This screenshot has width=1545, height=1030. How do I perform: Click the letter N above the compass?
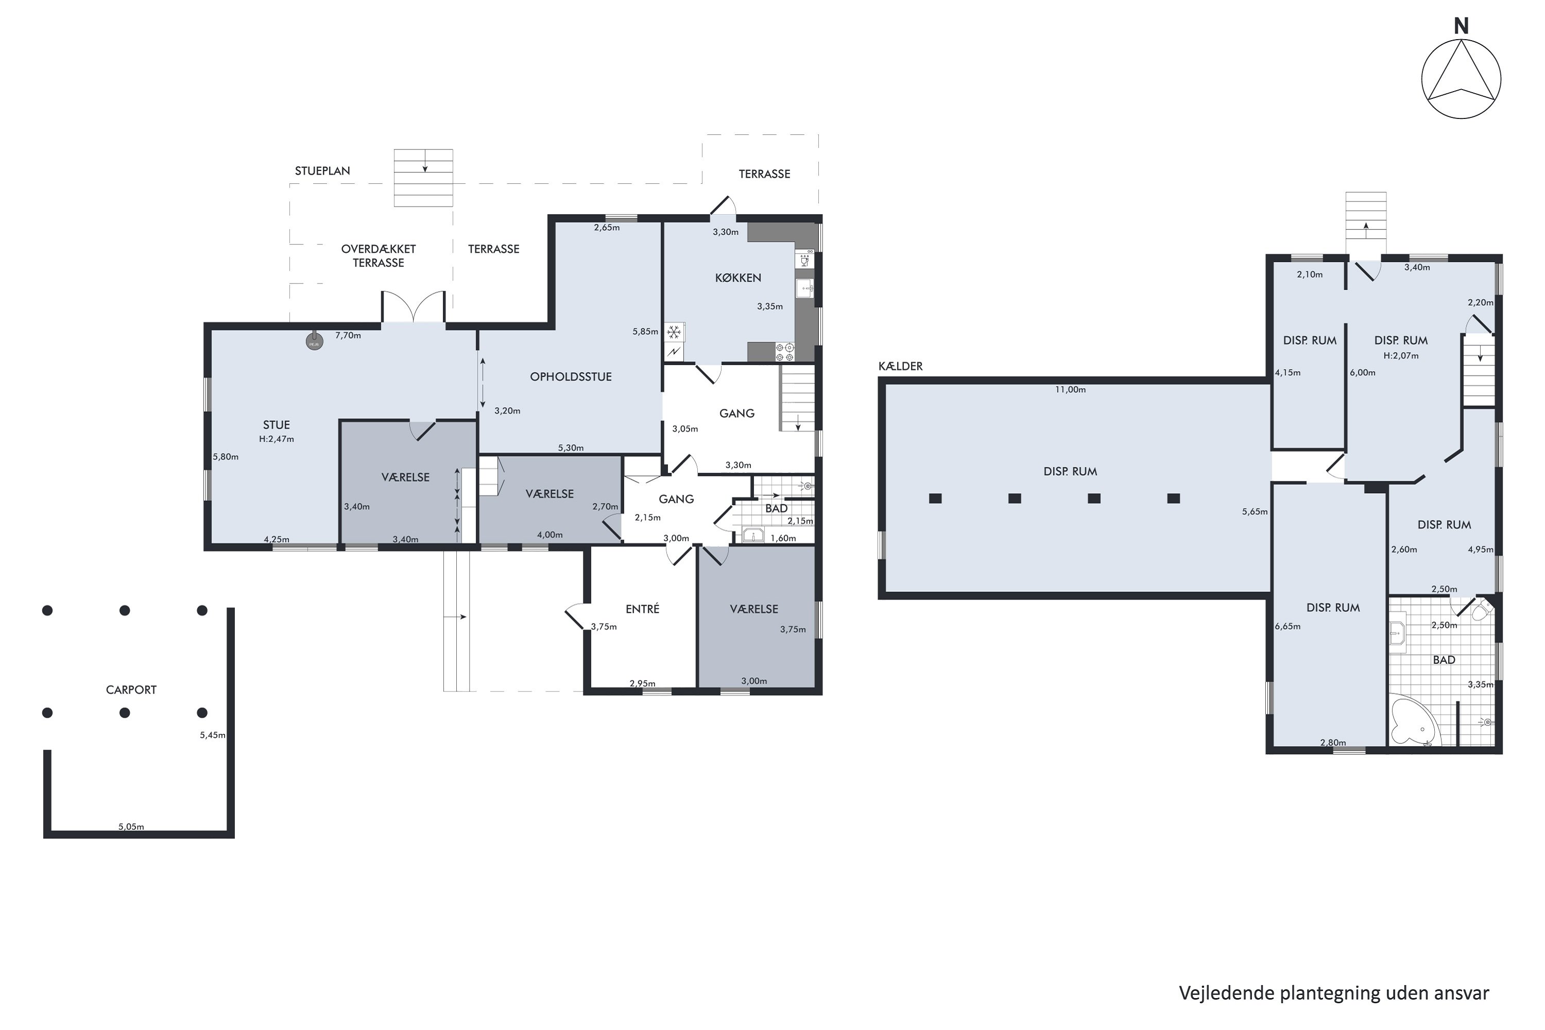pos(1461,26)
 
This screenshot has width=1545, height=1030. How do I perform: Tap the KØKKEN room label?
pos(737,278)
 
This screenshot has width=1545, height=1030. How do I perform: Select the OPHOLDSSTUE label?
pos(571,376)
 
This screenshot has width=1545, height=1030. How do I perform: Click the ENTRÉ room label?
pos(642,609)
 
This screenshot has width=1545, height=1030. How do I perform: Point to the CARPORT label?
pos(131,690)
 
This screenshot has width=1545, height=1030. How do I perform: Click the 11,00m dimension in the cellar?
pos(1070,389)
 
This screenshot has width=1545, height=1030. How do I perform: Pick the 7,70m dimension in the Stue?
pos(348,335)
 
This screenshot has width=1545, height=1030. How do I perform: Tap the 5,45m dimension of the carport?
pos(213,735)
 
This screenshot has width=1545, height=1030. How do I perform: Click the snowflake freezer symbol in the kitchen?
pos(674,332)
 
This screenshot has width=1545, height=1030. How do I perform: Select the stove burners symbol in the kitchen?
pos(785,352)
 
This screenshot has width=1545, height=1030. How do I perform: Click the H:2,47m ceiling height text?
pos(277,439)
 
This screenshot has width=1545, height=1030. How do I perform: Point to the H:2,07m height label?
pos(1401,355)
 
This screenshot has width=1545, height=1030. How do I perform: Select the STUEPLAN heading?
pos(322,171)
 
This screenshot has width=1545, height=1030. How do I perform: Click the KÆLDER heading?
pos(901,366)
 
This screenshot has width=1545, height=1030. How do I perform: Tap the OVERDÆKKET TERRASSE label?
pos(379,255)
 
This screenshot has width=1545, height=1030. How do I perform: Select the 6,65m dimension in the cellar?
pos(1287,626)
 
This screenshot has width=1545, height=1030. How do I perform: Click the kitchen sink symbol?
pos(804,288)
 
